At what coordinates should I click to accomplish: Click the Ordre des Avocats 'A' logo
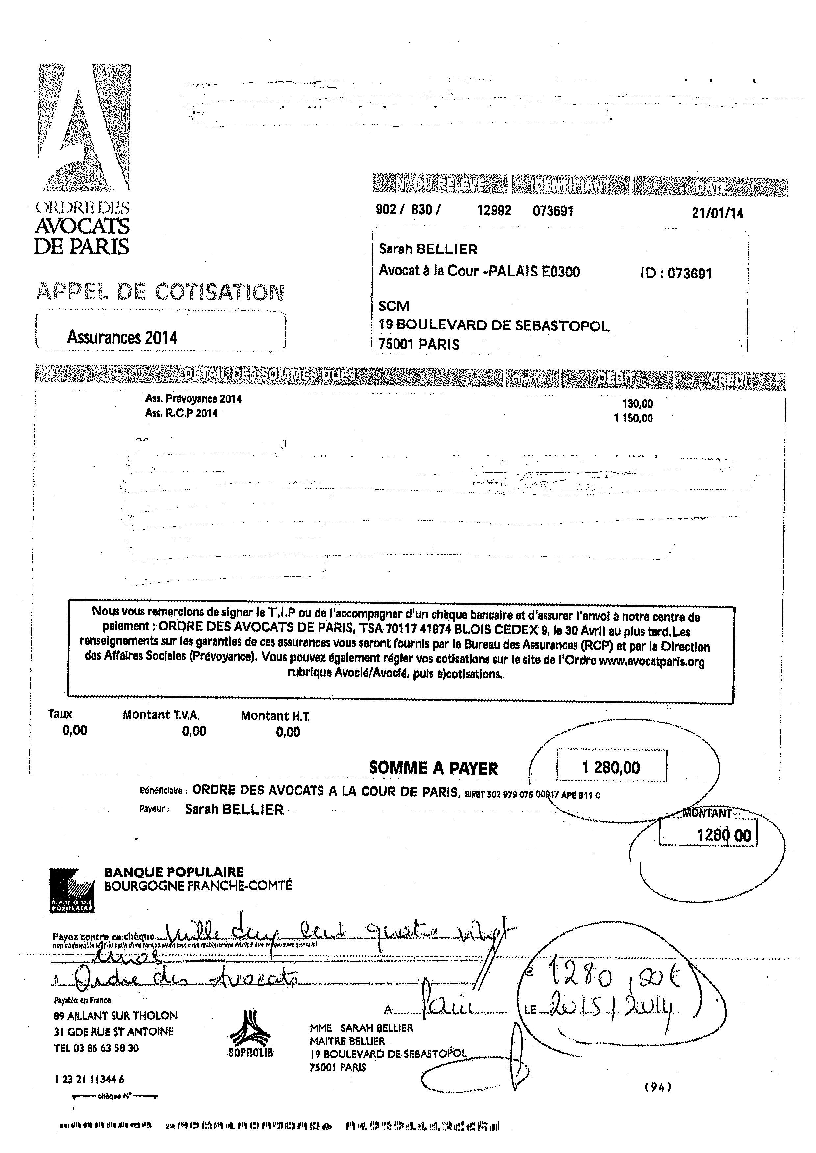tap(83, 128)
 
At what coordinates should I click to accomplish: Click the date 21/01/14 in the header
tap(717, 213)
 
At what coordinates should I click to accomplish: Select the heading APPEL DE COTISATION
tap(160, 292)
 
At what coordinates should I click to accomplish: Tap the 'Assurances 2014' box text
tap(122, 337)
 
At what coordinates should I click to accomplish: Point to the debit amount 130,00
tap(637, 403)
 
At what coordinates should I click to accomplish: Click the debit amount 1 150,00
tap(633, 418)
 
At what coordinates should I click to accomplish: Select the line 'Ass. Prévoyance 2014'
tap(193, 399)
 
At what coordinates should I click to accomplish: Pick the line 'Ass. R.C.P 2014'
tap(181, 413)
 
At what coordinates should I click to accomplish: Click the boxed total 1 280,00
tap(611, 767)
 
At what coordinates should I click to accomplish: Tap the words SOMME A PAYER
tap(433, 768)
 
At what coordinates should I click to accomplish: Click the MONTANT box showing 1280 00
tap(708, 835)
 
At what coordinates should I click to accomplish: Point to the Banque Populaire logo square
tap(72, 890)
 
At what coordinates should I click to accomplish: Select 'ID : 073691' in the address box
tap(676, 273)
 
